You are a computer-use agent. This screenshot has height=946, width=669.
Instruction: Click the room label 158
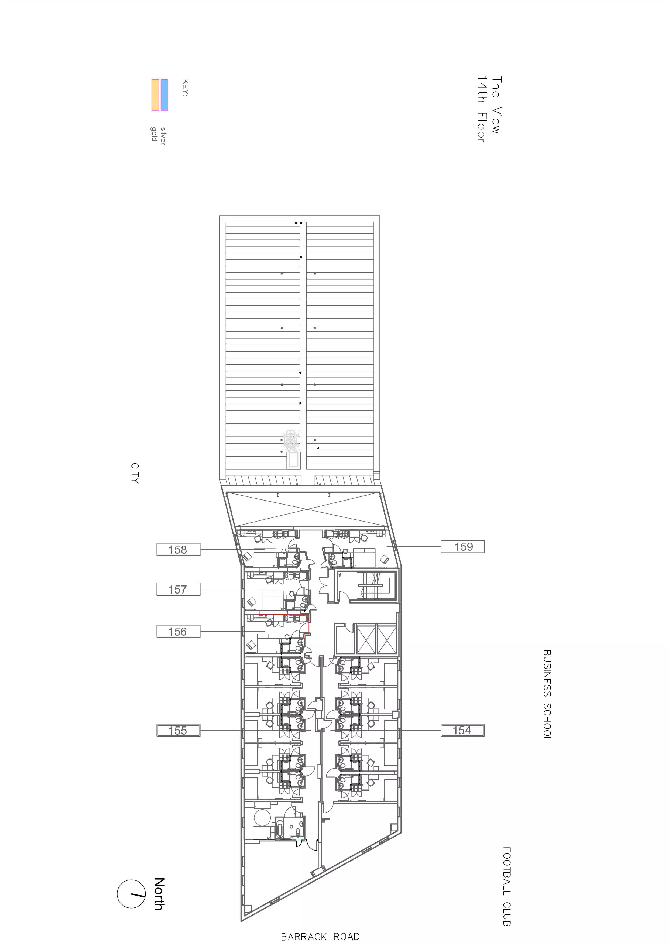tap(178, 549)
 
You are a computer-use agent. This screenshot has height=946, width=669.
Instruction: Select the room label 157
tap(178, 589)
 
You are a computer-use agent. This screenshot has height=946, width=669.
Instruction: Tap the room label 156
tap(178, 631)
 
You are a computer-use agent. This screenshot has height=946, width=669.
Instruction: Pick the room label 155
tap(178, 731)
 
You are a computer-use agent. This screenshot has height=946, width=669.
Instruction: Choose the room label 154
tap(462, 731)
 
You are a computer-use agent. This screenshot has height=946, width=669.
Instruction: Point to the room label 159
tap(463, 546)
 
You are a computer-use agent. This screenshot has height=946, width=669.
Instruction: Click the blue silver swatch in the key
tap(164, 95)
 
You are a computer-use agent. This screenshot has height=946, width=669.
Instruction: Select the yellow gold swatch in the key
tap(155, 95)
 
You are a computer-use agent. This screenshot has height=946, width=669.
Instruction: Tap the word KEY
tap(185, 88)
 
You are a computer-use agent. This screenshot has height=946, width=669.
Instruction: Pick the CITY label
tap(135, 473)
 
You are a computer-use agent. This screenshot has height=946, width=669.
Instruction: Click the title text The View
tap(496, 105)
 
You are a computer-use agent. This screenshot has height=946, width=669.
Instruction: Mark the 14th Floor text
tap(481, 109)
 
